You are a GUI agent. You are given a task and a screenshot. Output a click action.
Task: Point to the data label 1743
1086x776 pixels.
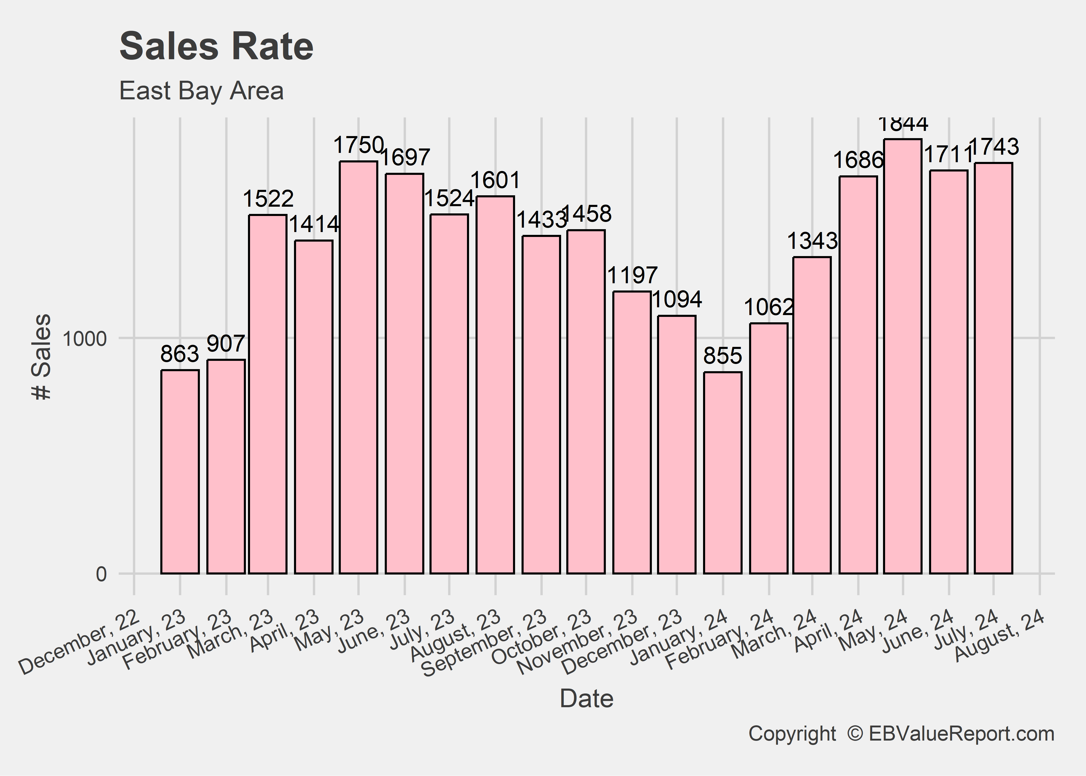click(x=994, y=147)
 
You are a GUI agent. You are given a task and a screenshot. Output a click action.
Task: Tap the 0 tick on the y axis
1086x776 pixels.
click(x=101, y=574)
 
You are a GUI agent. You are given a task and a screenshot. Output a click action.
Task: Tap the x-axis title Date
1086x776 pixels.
click(x=586, y=699)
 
